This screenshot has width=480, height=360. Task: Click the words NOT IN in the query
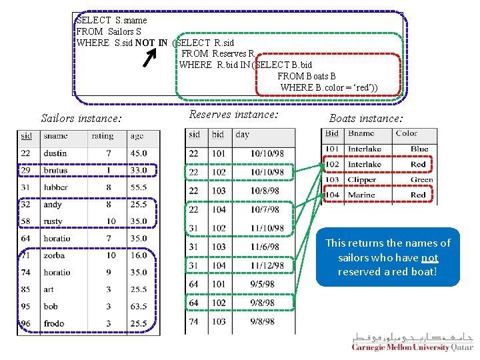coord(151,43)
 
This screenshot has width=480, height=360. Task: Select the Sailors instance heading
coord(81,119)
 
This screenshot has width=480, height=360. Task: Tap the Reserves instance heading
coord(233,115)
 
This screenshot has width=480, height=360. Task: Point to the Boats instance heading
coord(366,119)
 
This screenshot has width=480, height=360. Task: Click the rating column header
coord(102,136)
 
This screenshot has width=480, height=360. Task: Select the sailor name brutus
coord(55,171)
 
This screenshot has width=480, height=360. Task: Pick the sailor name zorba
coord(54,255)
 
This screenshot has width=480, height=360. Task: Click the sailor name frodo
coord(54,323)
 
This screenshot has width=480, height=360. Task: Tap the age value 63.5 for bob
coord(139,307)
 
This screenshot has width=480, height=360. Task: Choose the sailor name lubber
coord(56,187)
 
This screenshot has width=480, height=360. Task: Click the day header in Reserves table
coord(243,135)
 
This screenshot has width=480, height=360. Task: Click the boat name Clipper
coord(362,179)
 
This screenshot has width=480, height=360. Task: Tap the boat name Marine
coord(361,195)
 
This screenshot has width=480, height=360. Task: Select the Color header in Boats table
coord(406,133)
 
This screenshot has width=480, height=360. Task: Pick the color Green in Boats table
coord(421,179)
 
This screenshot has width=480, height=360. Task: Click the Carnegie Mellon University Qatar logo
coord(412,342)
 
